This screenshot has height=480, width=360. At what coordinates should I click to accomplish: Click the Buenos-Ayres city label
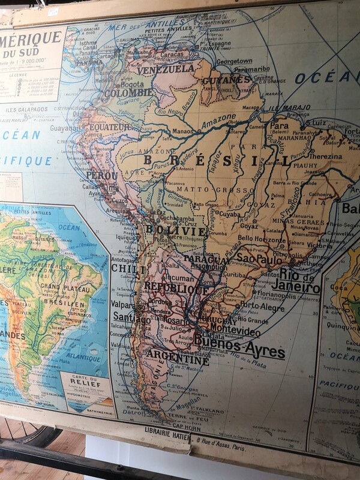[x=239, y=347]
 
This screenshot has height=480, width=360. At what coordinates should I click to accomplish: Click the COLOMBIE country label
[x=128, y=93]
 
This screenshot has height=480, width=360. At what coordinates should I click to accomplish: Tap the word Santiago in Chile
[x=131, y=319]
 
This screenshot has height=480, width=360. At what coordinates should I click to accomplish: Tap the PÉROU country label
[x=101, y=176]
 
